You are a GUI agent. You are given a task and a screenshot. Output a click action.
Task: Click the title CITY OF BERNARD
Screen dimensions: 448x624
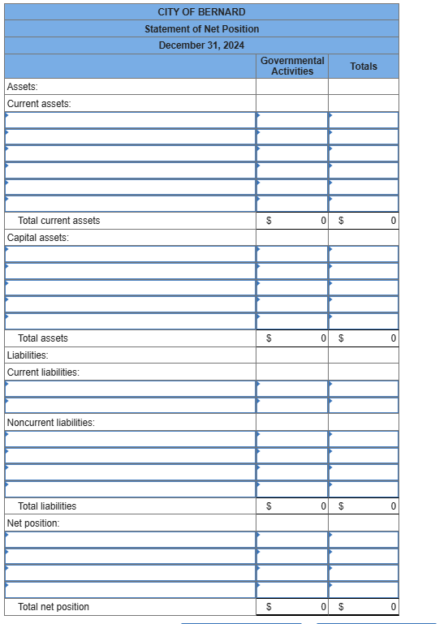[x=201, y=12]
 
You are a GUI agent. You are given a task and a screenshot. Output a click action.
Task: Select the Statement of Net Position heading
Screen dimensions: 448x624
[x=201, y=29]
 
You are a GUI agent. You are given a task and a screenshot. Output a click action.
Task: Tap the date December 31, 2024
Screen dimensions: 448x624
[x=201, y=45]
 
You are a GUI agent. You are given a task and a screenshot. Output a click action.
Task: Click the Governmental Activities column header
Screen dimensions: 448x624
[x=292, y=66]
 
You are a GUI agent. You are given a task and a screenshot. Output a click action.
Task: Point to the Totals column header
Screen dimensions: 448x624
[x=364, y=67]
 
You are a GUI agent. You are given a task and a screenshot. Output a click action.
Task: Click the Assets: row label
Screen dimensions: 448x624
[x=22, y=87]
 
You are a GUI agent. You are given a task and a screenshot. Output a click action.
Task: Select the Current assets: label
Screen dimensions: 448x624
[x=38, y=104]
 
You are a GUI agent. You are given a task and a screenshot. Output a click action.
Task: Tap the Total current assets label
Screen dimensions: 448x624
[x=58, y=221]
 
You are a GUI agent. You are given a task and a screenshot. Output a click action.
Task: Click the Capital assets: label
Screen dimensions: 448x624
[x=37, y=238]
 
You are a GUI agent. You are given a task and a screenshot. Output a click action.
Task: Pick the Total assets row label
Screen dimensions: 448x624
[x=43, y=338]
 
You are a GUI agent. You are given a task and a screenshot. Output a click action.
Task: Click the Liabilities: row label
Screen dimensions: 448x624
[x=27, y=355]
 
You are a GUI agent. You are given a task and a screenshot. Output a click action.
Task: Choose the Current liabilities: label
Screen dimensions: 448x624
[x=43, y=372]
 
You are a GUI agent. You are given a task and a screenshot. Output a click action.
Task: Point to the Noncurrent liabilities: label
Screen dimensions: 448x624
[x=50, y=423]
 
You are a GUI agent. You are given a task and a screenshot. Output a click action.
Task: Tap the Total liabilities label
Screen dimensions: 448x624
[x=47, y=506]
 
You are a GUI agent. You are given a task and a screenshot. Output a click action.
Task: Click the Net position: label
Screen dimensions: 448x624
[x=33, y=523]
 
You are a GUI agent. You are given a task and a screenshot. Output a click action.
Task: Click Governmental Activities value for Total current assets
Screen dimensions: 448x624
[x=323, y=221]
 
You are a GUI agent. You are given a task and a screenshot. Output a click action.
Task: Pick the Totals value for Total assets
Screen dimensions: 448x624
[x=393, y=338]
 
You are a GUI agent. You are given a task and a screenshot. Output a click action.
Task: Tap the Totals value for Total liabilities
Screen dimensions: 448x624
[x=393, y=506]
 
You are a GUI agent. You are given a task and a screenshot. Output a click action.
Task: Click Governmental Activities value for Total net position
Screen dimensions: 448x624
[x=323, y=607]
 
